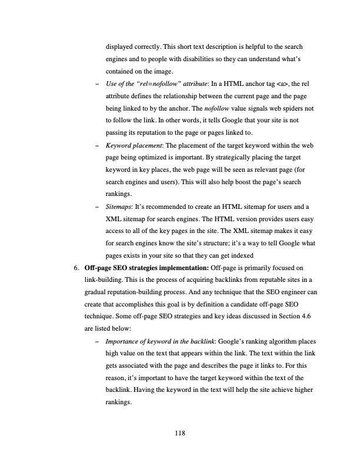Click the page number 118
coord(180,434)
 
